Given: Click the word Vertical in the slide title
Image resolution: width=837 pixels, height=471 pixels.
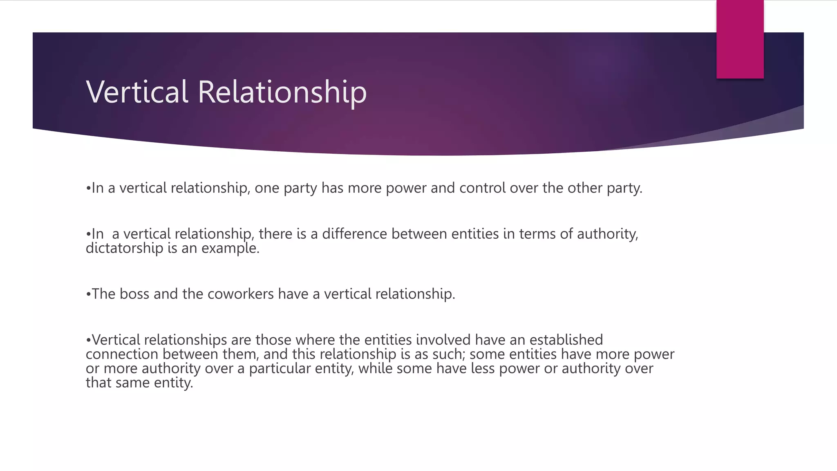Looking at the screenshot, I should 137,92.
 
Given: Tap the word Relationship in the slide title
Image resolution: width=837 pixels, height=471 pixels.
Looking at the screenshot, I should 282,92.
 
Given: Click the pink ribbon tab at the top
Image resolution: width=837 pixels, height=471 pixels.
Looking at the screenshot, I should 740,39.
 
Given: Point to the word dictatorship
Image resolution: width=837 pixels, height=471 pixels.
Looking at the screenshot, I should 124,248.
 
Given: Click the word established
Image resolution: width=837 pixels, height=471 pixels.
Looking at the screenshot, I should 566,340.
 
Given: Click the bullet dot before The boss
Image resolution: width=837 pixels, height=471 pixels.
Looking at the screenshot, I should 88,294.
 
